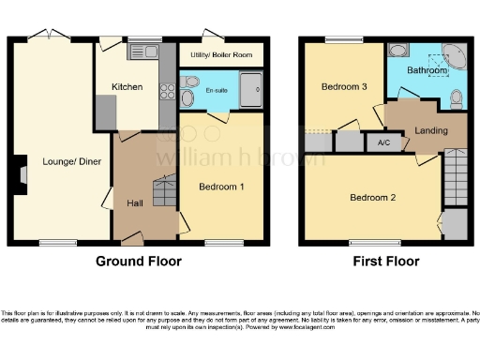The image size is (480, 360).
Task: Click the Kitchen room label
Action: (127, 86)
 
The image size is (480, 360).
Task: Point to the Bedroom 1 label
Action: (221, 187)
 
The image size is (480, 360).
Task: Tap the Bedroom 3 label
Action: (343, 87)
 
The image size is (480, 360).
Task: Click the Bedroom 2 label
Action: (372, 198)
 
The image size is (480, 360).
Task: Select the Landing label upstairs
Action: (431, 130)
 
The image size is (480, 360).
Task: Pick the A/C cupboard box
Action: (383, 142)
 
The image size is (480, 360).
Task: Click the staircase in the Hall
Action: (165, 190)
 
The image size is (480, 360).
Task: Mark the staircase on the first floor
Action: (454, 172)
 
